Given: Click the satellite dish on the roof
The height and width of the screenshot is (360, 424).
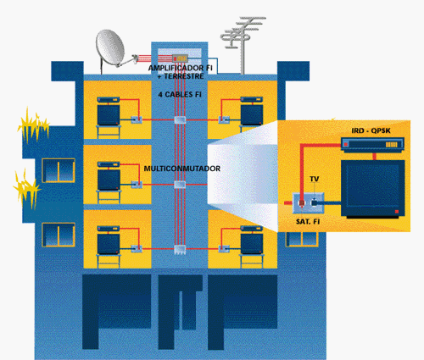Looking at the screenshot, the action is (110, 48).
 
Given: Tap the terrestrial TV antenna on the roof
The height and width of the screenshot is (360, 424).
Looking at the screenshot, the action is (243, 42).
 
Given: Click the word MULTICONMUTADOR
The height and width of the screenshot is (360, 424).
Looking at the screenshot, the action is (182, 169).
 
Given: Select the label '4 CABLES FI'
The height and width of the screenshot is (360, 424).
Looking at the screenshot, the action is (180, 95).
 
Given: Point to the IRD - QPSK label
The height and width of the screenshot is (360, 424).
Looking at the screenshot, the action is (371, 130).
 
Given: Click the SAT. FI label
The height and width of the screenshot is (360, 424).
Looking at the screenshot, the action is (308, 222).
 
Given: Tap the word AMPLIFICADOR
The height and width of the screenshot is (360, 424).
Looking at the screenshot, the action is (176, 68).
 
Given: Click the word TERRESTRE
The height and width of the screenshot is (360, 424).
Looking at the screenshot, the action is (184, 76).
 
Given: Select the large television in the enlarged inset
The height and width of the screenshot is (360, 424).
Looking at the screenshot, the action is (373, 189).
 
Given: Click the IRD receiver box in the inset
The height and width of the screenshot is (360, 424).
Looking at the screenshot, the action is (372, 145).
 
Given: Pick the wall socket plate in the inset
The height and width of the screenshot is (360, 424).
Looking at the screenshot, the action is (308, 202).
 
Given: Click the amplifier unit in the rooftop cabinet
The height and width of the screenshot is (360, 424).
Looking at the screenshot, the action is (180, 58).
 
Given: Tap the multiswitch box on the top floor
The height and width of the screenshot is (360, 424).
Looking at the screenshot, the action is (180, 119).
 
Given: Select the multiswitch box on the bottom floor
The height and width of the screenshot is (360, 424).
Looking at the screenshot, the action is (180, 250).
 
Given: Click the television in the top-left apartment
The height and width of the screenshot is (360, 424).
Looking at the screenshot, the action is (109, 114).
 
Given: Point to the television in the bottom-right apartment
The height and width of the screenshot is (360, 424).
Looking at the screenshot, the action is (252, 244).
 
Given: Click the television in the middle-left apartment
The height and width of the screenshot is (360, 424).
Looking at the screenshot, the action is (109, 180).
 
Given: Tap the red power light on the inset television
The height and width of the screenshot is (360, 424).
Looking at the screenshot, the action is (397, 212).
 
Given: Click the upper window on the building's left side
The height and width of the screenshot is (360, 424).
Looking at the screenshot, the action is (59, 170).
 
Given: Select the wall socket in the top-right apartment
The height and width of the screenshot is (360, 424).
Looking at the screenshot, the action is (224, 119).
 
